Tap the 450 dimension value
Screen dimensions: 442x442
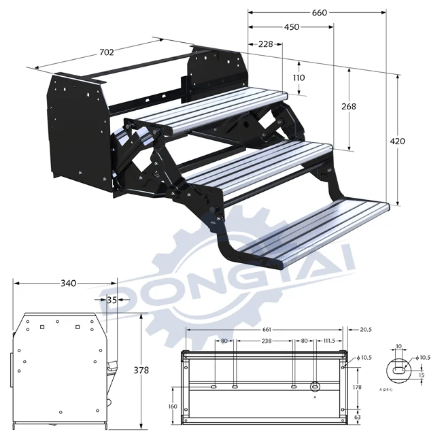coord(291,27)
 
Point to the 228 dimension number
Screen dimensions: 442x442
coord(265,44)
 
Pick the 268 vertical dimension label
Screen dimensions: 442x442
coord(349,106)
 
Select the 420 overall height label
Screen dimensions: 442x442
coord(398,141)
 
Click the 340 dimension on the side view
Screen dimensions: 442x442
coord(65,283)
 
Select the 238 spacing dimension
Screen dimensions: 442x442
coord(266,341)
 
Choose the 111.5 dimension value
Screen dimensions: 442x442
coord(330,341)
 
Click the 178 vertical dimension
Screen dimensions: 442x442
coord(356,386)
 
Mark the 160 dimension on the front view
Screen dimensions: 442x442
coord(173,406)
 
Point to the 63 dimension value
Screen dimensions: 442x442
coord(356,418)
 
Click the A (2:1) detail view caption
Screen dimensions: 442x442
coord(388,390)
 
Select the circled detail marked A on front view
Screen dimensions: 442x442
coord(315,387)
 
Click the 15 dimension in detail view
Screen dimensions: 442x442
coord(421,374)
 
